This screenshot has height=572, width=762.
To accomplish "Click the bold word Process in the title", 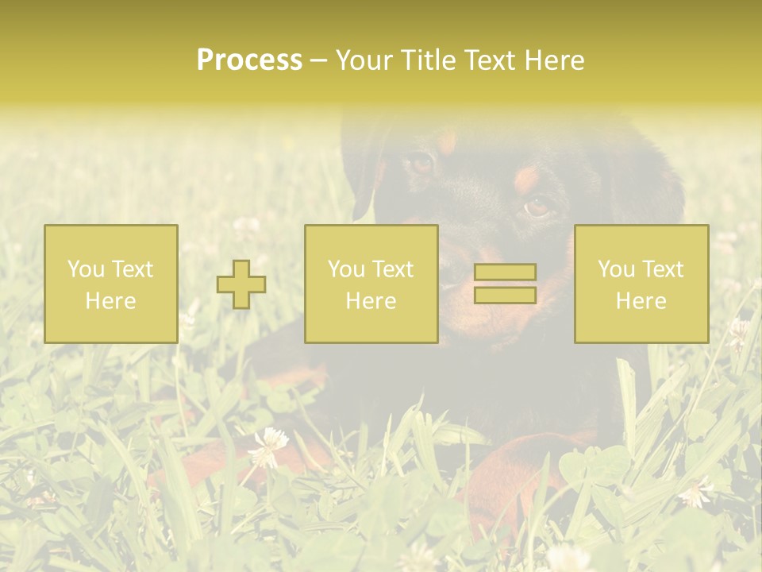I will pos(249,60).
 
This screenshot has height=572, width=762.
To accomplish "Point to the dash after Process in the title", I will pos(318,61).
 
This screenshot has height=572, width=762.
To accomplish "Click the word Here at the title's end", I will pos(553,60).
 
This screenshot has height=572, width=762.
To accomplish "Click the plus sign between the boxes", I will pos(241,284).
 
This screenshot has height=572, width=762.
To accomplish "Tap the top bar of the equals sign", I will pos(505,272).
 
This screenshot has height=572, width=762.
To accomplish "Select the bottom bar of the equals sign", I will pos(505,295).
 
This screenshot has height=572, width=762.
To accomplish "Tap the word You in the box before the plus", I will pos(86,269).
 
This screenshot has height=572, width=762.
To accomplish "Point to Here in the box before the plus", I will pos(110,301).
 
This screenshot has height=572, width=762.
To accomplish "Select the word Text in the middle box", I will pos(394,269).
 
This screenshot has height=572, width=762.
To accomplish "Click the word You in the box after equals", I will pos(616,269).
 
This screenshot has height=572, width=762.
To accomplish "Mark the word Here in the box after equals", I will pos(641,301).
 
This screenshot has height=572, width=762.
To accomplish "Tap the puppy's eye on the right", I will pos(537,207).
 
